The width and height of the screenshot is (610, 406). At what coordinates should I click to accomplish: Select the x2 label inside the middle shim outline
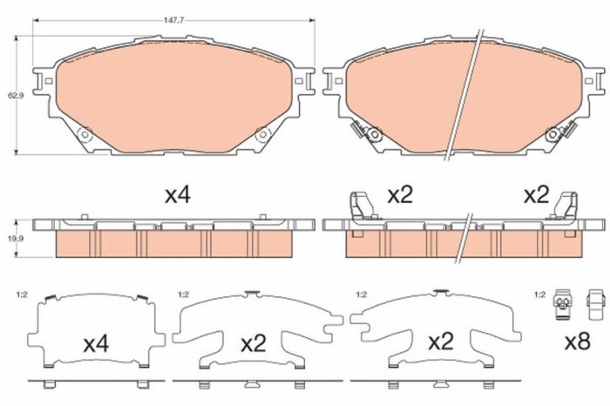tap(253, 343)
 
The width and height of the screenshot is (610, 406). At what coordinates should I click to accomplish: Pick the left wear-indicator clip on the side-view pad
tap(358, 207)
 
